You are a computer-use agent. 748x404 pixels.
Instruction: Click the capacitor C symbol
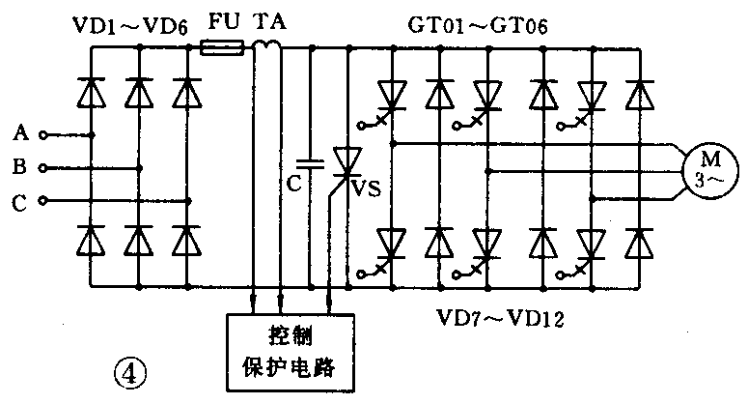310,165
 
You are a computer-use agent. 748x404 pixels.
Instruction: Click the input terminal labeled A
42,134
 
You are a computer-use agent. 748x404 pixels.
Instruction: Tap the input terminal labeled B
42,167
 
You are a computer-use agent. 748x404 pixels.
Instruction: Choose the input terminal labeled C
42,201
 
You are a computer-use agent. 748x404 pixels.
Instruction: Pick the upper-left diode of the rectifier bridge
94,93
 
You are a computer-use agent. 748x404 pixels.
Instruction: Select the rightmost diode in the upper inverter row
636,94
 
